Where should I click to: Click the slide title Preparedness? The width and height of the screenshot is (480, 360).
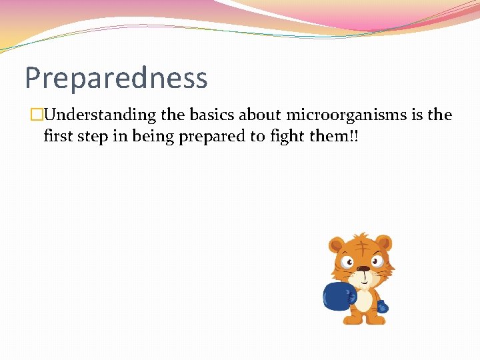point(116,78)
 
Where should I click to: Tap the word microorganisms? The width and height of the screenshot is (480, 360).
point(346,115)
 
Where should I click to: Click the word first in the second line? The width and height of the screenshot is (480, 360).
point(58,137)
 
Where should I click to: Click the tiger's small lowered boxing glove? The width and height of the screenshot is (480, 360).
point(382,307)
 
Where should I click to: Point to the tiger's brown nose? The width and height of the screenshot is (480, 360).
point(363,269)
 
